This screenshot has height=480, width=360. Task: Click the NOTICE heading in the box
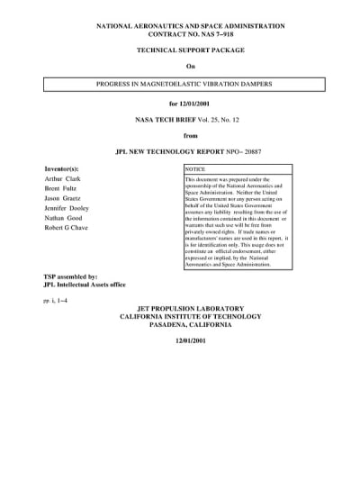coord(195,169)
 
